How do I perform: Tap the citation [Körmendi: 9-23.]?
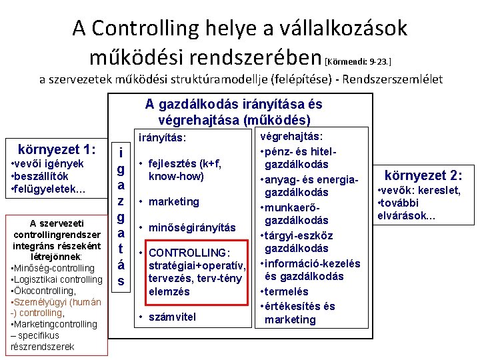[358, 61]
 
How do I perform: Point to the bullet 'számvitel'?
[172, 317]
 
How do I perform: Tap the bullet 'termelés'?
[287, 291]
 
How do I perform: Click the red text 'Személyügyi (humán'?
[58, 302]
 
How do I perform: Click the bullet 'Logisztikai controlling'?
[57, 280]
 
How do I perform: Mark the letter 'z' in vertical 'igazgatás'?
[121, 201]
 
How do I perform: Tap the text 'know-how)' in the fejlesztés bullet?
[176, 177]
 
